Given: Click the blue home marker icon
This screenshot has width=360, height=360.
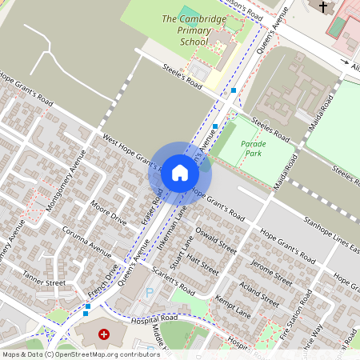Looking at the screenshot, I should click(x=180, y=172).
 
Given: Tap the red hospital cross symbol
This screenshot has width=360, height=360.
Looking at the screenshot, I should click(x=104, y=333).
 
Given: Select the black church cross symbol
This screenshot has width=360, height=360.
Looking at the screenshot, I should click(x=323, y=7).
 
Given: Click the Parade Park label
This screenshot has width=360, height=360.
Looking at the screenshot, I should click(x=251, y=148).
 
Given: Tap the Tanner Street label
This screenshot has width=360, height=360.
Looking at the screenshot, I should click(x=44, y=282).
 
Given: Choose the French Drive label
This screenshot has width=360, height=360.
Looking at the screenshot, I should click(x=105, y=280).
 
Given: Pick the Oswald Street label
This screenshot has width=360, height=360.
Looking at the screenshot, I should click(x=216, y=240).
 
